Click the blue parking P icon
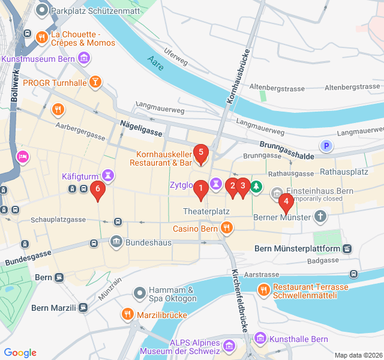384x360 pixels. pos(326,145)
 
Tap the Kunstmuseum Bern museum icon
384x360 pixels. pos(85,59)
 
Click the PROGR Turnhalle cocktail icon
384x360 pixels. pos(95,82)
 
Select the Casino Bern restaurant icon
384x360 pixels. pos(226,228)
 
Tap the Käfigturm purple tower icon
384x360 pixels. pos(108,176)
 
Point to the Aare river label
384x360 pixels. pos(155,58)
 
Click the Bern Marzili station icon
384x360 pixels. pos(83,308)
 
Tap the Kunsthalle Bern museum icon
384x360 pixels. pos(260,339)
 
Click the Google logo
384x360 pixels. pos(20,353)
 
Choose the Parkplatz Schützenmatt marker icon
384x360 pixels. pos(41,10)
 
